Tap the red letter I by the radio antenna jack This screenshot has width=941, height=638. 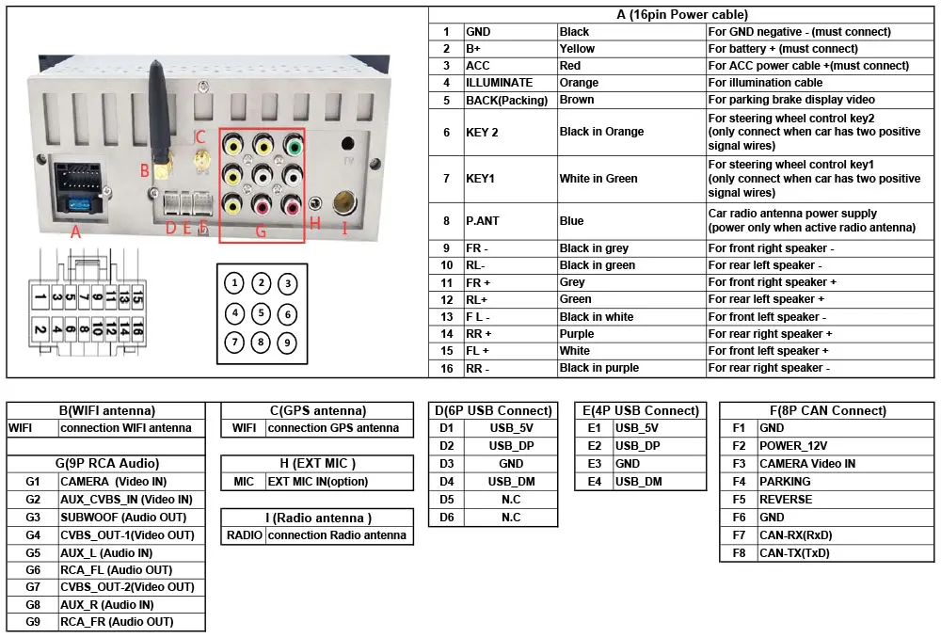[344, 227]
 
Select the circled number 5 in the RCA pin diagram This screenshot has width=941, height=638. [262, 313]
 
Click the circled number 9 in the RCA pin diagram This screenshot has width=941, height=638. [288, 343]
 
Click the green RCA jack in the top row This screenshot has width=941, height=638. [295, 147]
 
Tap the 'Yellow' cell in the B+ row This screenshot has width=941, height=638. [577, 49]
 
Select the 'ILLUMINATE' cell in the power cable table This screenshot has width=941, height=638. [499, 83]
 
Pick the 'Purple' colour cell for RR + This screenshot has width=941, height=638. [577, 334]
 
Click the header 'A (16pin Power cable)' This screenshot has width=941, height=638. [682, 14]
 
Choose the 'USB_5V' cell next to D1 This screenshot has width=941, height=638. [512, 428]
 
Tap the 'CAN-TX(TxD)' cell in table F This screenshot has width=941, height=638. [794, 553]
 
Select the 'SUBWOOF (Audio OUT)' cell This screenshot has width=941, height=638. [123, 517]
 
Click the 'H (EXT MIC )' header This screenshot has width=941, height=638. [317, 463]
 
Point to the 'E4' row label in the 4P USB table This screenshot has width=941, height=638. [594, 482]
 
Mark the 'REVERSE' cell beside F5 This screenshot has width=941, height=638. [786, 500]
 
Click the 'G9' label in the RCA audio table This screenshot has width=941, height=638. [33, 622]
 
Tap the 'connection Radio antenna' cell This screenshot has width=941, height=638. [337, 535]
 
